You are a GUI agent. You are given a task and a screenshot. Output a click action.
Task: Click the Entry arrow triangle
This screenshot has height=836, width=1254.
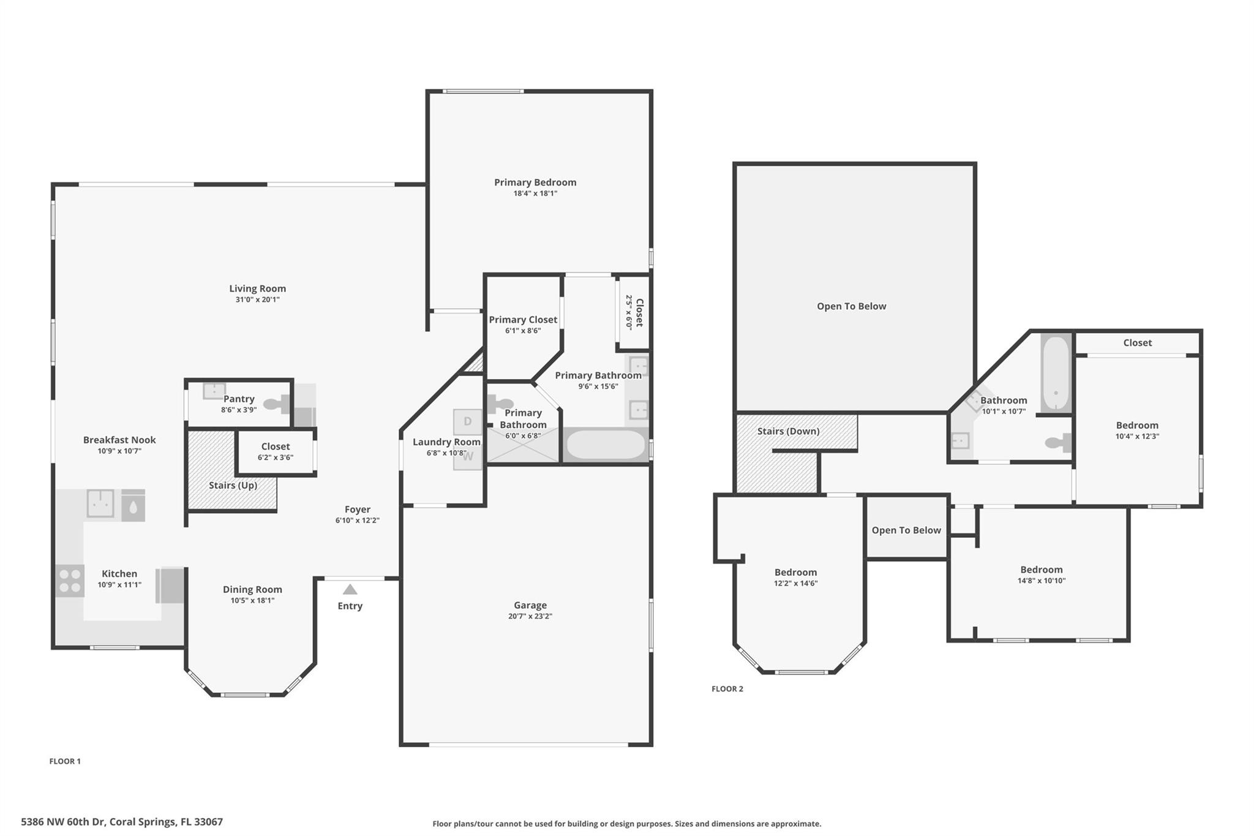(350, 589)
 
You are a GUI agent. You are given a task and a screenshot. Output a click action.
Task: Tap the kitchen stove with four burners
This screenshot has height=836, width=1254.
(69, 581)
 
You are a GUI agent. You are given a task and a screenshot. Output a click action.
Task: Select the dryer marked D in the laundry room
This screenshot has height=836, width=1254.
(467, 421)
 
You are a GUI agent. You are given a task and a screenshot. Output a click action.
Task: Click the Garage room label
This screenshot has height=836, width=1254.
(530, 605)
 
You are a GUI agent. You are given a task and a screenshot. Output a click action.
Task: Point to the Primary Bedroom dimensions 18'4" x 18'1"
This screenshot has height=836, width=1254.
(535, 194)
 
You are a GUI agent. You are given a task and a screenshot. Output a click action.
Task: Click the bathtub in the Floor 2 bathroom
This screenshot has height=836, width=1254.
(1056, 373)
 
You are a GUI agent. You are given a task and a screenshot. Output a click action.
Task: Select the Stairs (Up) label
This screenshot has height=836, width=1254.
(233, 485)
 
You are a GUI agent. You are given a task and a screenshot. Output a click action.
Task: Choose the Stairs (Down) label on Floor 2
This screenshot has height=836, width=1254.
(788, 431)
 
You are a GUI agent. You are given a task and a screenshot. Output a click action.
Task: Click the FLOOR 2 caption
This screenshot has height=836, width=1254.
(727, 689)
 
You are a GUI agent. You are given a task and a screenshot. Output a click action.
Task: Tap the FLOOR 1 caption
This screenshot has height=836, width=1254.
(65, 761)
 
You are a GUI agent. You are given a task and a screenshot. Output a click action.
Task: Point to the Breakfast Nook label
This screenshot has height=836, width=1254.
(119, 440)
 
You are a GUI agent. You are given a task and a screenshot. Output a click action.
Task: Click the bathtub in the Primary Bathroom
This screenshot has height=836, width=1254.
(605, 445)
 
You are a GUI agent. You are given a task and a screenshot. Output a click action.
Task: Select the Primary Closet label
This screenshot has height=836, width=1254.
(523, 320)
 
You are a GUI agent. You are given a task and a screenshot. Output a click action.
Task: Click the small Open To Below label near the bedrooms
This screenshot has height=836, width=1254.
(906, 530)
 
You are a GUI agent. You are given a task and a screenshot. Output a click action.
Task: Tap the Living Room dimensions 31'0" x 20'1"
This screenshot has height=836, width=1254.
(257, 299)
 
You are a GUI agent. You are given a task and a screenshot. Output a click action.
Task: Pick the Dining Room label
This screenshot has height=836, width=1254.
(252, 590)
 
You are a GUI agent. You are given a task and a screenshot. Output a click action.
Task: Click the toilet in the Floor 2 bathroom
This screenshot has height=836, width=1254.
(1059, 443)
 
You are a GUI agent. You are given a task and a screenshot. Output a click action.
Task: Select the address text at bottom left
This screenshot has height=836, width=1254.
(122, 822)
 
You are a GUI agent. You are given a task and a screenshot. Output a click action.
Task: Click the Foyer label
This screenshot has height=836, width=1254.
(358, 510)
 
